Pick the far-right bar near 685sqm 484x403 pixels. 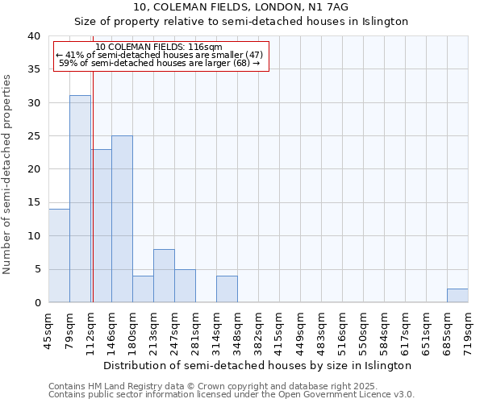pyautogui.click(x=457, y=296)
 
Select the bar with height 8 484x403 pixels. pyautogui.click(x=164, y=276)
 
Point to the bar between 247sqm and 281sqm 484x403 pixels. pyautogui.click(x=185, y=286)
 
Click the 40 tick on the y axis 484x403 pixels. pyautogui.click(x=33, y=36)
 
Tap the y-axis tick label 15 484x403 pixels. pyautogui.click(x=33, y=202)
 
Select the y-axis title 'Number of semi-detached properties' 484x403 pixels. pyautogui.click(x=8, y=174)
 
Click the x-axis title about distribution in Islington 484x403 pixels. pyautogui.click(x=258, y=365)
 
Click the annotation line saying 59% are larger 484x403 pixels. pyautogui.click(x=160, y=63)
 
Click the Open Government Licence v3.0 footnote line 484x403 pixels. pyautogui.click(x=232, y=395)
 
